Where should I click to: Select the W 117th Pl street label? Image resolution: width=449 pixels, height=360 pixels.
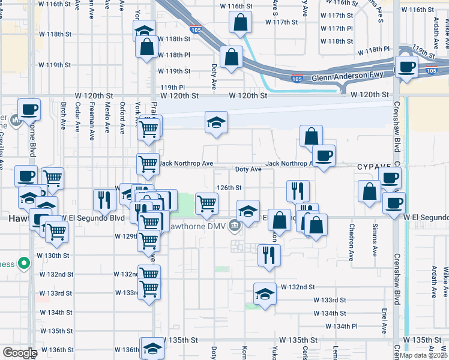tap(337, 28)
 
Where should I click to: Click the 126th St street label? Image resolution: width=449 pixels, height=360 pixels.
tap(229, 188)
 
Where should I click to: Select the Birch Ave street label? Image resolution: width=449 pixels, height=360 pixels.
tap(63, 119)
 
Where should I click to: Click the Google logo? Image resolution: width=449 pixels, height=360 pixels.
tap(19, 353)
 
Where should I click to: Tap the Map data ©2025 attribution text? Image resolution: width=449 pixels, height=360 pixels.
tap(424, 355)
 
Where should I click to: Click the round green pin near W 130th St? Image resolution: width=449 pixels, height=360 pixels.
tap(23, 263)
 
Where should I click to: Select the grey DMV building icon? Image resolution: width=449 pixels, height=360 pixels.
tap(234, 226)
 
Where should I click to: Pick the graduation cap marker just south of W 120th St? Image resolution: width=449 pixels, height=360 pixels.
tap(216, 122)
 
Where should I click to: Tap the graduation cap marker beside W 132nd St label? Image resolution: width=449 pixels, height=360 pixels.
tap(265, 293)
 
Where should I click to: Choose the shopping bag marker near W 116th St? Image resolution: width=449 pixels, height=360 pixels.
tap(240, 23)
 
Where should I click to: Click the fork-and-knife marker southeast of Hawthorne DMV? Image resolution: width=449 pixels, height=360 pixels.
tap(269, 255)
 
